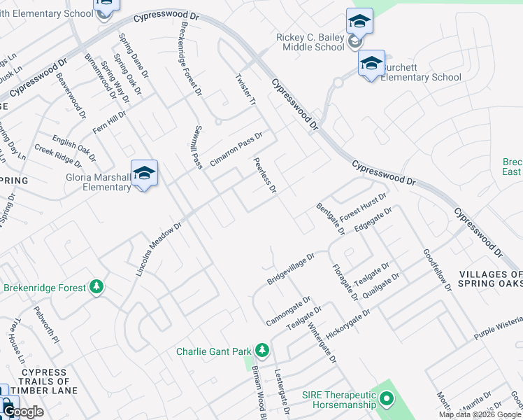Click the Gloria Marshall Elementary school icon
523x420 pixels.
point(144,173)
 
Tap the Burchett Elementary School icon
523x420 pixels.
point(372,64)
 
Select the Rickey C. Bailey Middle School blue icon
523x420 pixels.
point(359,21)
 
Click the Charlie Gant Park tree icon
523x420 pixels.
point(262,349)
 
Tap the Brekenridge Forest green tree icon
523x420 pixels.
point(96,287)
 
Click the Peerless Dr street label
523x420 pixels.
point(266,176)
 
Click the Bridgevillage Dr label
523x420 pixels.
point(291,269)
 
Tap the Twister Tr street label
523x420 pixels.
point(246,90)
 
